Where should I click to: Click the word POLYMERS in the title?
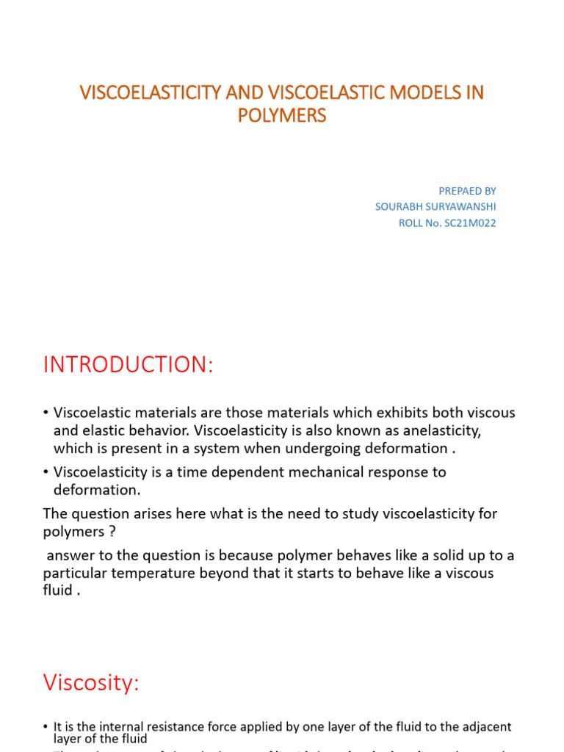[x=282, y=116]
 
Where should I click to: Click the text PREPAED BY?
[x=468, y=191]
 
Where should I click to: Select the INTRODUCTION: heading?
[x=129, y=365]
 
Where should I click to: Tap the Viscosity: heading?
[x=91, y=683]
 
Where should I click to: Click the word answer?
[x=71, y=554]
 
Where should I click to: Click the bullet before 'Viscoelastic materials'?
[x=46, y=412]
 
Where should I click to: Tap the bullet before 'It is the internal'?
[x=46, y=727]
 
